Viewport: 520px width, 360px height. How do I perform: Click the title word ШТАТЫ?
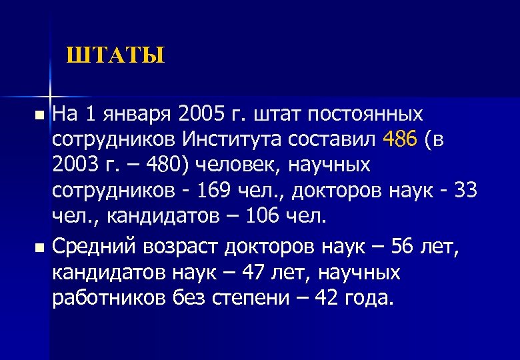coord(115,55)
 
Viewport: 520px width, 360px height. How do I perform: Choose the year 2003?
coord(75,163)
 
